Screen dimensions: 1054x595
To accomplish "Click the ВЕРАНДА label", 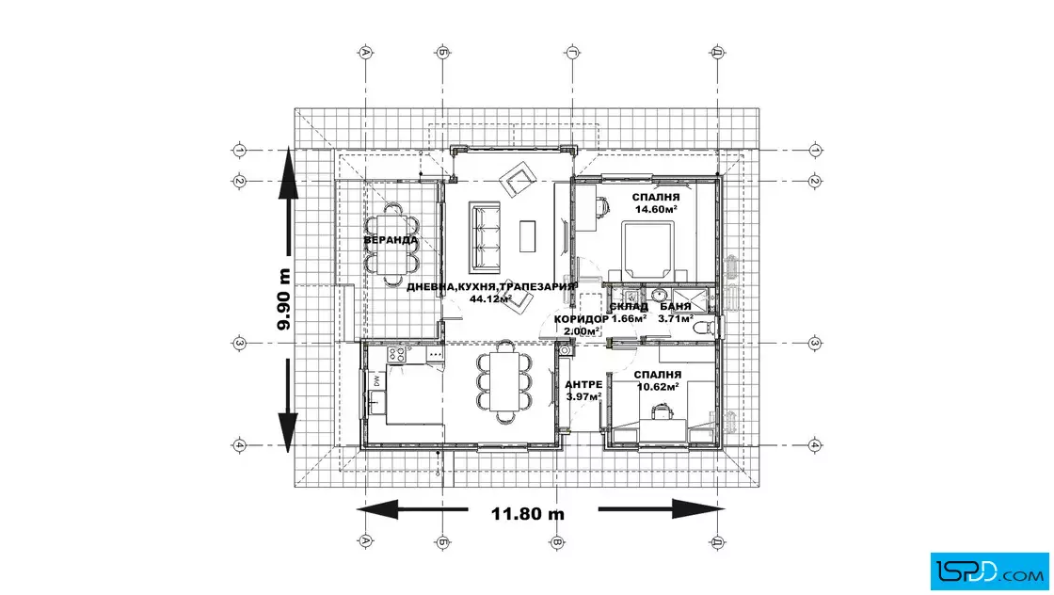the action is point(391,240).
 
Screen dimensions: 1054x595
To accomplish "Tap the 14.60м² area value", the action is point(656,209).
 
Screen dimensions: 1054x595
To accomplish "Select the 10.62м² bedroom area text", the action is point(658,387).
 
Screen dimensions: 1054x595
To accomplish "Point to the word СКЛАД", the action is point(630,307).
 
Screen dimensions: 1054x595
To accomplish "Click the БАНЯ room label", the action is point(676,307).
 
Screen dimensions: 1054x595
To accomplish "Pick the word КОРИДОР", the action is point(582,318).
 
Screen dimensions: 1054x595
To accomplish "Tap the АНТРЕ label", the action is point(583,384).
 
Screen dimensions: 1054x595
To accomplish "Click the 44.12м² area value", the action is point(490,299).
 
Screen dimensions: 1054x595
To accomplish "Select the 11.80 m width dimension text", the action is point(528,514).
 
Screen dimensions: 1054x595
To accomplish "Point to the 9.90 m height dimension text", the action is point(284,299).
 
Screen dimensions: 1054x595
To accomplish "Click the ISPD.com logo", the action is point(989,571).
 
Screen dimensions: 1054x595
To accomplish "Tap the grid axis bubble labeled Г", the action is point(572,53).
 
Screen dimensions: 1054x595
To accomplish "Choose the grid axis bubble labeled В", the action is point(556,542).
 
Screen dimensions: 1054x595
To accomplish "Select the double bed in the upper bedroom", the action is point(648,250).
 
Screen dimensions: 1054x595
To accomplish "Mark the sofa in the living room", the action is point(485,236).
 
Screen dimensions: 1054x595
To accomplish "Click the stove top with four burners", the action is point(396,354).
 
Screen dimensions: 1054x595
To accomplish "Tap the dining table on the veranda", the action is point(391,243).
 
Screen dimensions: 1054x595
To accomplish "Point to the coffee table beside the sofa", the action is point(528,236).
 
